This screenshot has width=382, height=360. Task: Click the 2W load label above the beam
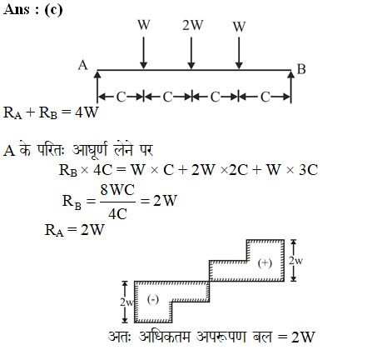pyautogui.click(x=192, y=25)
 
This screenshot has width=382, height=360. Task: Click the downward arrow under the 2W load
pyautogui.click(x=191, y=52)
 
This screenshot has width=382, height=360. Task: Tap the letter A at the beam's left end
pyautogui.click(x=82, y=66)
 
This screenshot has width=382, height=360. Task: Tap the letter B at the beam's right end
pyautogui.click(x=301, y=69)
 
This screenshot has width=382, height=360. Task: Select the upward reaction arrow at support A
pyautogui.click(x=97, y=87)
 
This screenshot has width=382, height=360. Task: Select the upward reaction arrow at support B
pyautogui.click(x=290, y=87)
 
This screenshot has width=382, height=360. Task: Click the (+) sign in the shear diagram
pyautogui.click(x=265, y=262)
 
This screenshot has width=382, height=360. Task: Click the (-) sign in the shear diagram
pyautogui.click(x=153, y=299)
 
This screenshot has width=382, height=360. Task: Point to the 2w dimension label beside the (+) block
pyautogui.click(x=295, y=261)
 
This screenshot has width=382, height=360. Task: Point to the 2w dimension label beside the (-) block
pyautogui.click(x=127, y=302)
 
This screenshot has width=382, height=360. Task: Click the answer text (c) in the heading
pyautogui.click(x=53, y=10)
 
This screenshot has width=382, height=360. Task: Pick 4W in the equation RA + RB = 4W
pyautogui.click(x=87, y=112)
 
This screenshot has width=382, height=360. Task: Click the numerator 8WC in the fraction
pyautogui.click(x=117, y=190)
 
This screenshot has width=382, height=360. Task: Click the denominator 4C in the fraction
pyautogui.click(x=117, y=214)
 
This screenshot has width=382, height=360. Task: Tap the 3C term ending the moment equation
pyautogui.click(x=308, y=170)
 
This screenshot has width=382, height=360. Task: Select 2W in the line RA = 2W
pyautogui.click(x=92, y=230)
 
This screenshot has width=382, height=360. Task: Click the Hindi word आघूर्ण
pyautogui.click(x=89, y=150)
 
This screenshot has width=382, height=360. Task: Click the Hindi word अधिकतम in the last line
pyautogui.click(x=164, y=337)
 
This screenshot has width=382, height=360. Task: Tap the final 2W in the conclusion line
pyautogui.click(x=303, y=337)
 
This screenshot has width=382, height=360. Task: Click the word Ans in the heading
pyautogui.click(x=17, y=9)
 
